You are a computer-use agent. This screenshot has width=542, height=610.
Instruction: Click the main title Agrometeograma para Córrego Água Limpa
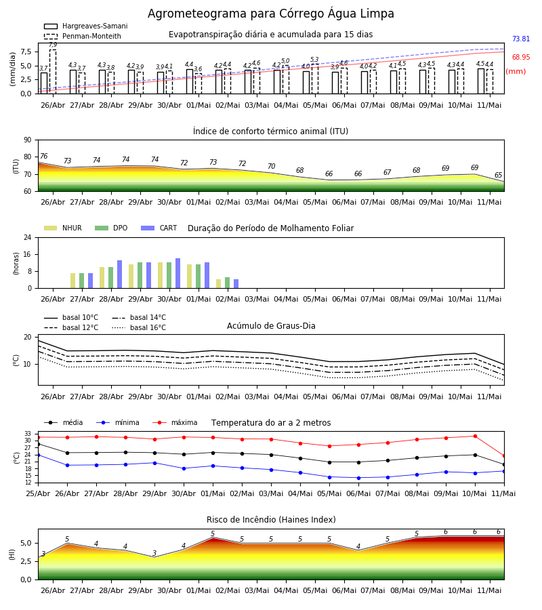270,14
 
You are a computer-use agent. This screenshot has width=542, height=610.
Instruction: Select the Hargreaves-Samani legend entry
85,26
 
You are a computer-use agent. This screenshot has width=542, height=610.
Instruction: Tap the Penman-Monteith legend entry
83,36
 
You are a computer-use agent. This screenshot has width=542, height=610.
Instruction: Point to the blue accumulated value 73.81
521,39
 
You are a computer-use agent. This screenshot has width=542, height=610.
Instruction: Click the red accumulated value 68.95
521,57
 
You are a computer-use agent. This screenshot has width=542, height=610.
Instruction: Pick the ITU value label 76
43,156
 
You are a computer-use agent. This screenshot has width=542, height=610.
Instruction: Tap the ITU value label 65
498,175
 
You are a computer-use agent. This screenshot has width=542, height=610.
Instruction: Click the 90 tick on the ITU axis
28,140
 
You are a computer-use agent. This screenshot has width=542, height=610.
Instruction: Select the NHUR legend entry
63,228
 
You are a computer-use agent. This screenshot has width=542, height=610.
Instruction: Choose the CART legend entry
159,228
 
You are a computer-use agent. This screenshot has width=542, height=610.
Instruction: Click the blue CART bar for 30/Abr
178,273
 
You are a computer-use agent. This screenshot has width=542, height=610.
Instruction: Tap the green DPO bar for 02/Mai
228,283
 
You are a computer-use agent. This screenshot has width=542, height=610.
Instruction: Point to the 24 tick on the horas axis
28,237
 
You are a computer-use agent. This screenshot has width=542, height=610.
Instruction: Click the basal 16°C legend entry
139,327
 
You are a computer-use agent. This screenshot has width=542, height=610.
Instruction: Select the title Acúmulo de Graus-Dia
271,326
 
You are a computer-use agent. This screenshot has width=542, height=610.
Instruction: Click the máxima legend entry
175,422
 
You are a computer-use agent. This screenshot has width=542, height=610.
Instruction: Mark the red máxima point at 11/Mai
504,456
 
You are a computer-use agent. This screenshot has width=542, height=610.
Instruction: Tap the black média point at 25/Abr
38,444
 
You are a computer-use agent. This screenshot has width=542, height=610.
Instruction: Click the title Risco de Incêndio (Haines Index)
271,520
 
